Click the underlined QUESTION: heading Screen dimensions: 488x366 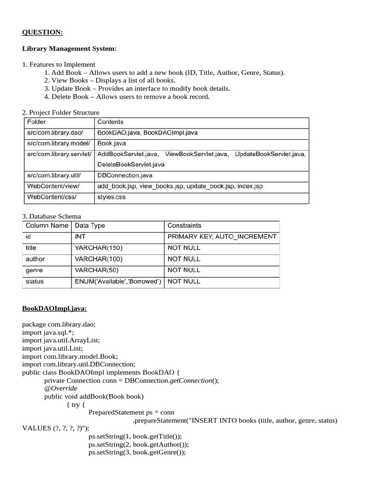[42, 32]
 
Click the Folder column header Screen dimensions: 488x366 [37, 122]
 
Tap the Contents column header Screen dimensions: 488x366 [110, 122]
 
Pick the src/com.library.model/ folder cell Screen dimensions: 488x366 [56, 143]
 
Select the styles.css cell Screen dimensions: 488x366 [112, 197]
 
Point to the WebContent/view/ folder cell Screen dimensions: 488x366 [53, 186]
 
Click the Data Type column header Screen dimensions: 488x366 [90, 225]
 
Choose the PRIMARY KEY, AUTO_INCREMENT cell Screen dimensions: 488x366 [222, 236]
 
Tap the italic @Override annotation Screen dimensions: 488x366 [61, 388]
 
